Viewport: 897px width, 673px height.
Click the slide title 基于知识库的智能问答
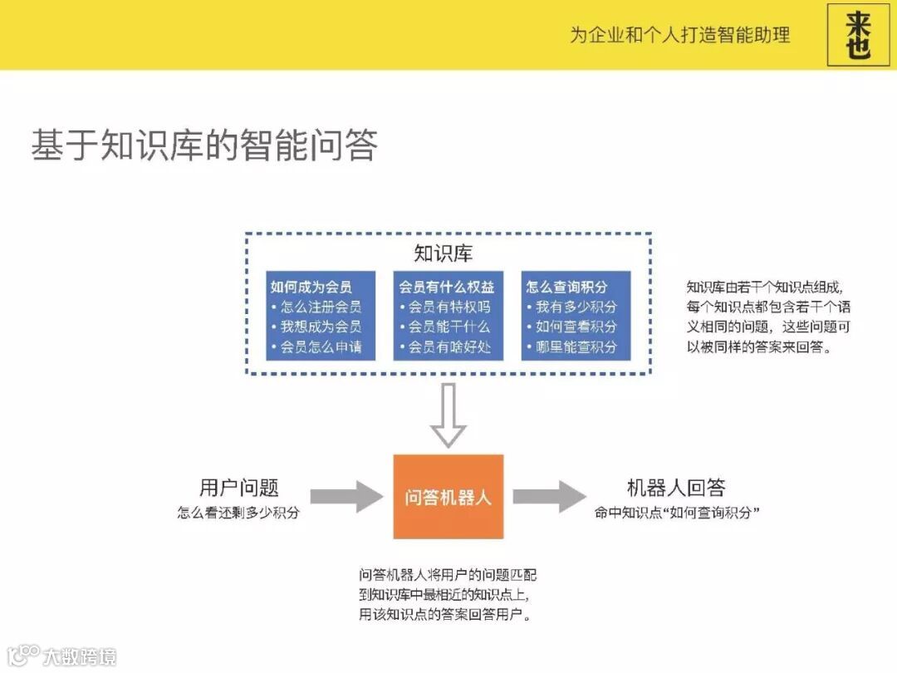204,145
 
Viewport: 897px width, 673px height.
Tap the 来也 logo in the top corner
858,35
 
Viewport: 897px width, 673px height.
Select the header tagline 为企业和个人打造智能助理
679,35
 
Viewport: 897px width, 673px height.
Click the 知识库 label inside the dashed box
444,253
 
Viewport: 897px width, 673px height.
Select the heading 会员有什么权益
447,287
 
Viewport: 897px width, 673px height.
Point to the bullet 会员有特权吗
448,307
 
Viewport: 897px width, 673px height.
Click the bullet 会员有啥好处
448,346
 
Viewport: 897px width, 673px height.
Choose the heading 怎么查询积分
566,287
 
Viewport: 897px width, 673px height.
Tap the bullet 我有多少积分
576,307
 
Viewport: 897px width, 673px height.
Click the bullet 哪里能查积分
576,346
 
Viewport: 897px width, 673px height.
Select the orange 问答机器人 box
448,497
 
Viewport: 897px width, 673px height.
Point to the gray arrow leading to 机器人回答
549,497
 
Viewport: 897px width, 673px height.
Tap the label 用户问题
238,488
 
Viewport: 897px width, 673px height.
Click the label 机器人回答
676,488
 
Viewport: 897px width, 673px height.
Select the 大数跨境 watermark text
79,656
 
